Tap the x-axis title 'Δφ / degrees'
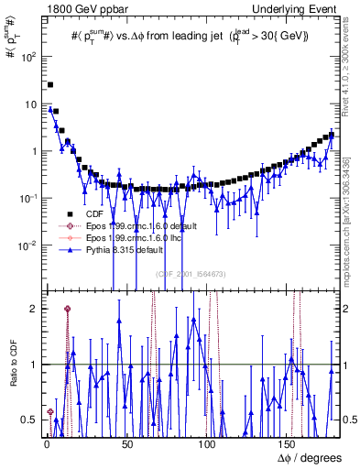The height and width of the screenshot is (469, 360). (311, 456)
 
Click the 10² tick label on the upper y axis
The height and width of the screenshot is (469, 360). (30, 56)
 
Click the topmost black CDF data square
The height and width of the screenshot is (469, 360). (50, 84)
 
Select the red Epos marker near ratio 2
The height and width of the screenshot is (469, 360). (67, 309)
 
